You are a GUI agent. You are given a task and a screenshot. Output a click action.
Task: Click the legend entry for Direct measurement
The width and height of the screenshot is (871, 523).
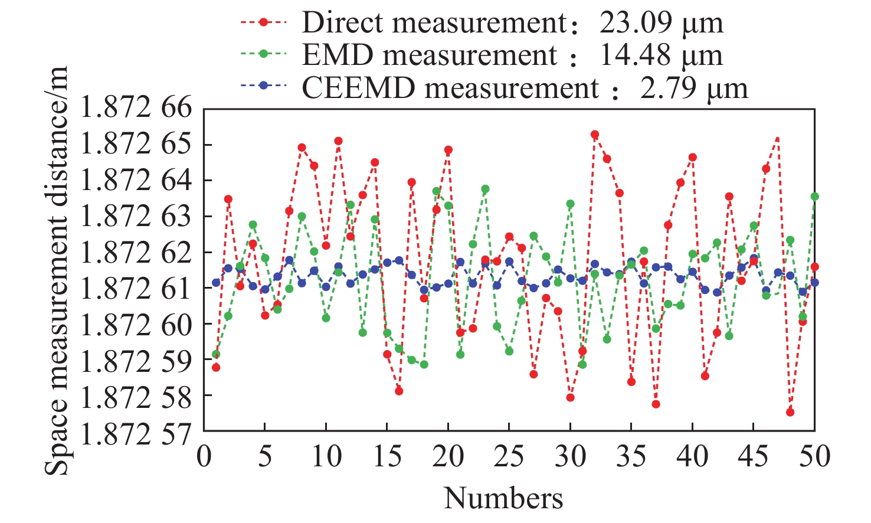pos(434,23)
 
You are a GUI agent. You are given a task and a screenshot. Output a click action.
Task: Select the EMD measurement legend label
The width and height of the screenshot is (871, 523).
pos(429,55)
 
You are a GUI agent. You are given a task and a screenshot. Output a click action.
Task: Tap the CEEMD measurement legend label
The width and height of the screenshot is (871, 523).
pos(450,89)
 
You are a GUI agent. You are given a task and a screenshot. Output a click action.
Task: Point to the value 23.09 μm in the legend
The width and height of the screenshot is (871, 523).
pos(661,23)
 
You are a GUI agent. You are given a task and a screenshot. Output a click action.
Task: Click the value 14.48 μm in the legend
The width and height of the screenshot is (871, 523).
pos(661,55)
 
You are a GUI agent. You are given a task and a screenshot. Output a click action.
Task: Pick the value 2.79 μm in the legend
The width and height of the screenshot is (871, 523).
pos(694,89)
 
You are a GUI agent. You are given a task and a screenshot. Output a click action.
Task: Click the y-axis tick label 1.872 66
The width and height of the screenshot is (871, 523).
pos(136,109)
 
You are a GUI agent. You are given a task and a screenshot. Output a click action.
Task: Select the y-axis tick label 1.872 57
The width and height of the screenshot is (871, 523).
pos(136,434)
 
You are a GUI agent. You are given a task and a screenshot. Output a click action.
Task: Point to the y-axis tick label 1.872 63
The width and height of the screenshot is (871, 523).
pos(136,217)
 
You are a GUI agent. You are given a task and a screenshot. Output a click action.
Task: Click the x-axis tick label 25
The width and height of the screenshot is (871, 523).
pos(509,456)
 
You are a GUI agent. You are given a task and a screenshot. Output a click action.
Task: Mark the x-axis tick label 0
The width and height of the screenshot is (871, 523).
pos(204,456)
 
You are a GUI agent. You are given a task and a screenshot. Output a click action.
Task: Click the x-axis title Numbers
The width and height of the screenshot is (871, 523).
pos(503,499)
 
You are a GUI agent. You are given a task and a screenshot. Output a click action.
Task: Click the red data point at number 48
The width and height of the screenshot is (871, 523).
pos(790,412)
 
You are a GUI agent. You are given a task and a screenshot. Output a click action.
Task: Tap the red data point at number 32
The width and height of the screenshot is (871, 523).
pos(595,135)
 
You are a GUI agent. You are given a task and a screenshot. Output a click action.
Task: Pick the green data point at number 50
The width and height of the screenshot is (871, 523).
pos(815,197)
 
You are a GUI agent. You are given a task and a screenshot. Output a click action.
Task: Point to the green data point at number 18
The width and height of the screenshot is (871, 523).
pos(424,364)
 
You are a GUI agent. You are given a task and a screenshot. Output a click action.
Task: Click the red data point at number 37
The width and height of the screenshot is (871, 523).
pos(656,404)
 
